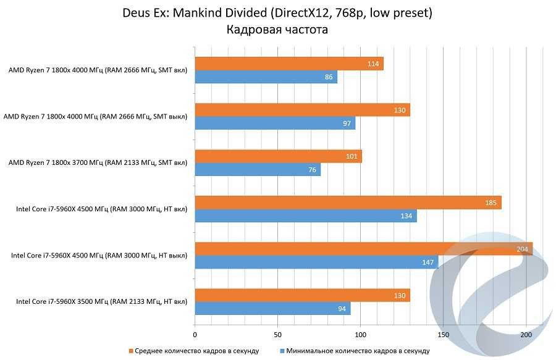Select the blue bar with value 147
coord(316,262)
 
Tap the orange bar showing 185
coord(348,203)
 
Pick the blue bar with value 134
coord(306,216)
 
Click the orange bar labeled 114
coord(289,64)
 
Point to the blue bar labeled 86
coord(266,77)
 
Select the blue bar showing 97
coord(275,123)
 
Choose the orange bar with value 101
coord(278,156)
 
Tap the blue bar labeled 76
coord(258,170)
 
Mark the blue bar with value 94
coord(272,309)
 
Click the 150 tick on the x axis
coord(443,335)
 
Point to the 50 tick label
coord(277,335)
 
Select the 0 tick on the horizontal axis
coord(195,335)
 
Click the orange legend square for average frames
coord(131,351)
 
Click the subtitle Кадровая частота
coord(277,29)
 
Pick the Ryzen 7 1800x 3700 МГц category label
coord(98,163)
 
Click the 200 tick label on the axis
coord(526,335)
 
